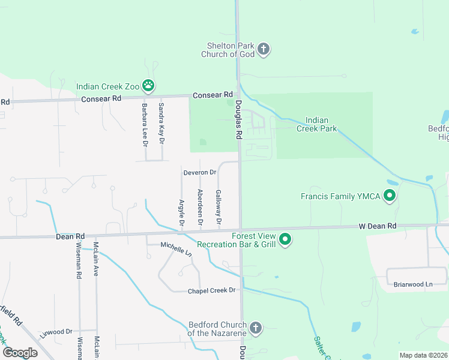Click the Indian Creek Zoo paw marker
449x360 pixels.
click(x=148, y=86)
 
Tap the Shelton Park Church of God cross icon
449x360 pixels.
click(x=263, y=49)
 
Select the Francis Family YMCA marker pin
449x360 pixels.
click(x=389, y=196)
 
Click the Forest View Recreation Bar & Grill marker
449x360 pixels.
click(x=286, y=240)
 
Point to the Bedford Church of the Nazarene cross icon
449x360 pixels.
click(x=256, y=328)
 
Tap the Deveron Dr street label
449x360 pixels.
click(x=199, y=172)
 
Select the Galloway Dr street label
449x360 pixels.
click(x=218, y=208)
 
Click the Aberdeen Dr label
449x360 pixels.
click(x=200, y=208)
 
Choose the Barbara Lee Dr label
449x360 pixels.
click(x=145, y=124)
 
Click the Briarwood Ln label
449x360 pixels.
click(x=412, y=284)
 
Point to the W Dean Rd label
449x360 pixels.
click(x=378, y=226)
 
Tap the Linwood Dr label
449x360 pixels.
click(x=56, y=331)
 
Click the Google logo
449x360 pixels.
click(x=20, y=352)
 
